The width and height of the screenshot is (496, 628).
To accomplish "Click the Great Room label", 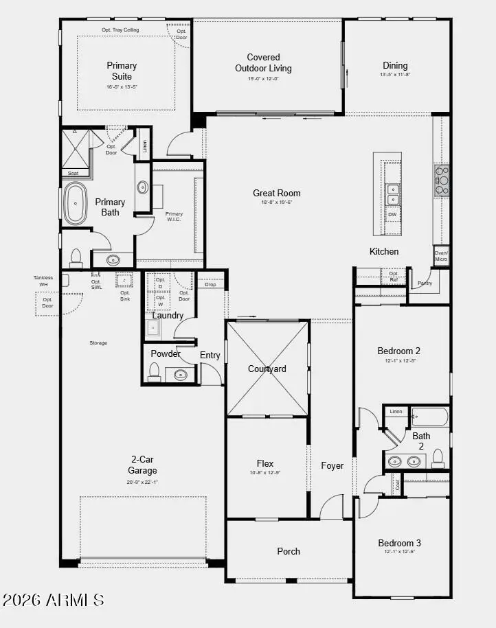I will click(x=276, y=194).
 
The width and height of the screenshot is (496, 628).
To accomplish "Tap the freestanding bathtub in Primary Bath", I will click(x=75, y=203).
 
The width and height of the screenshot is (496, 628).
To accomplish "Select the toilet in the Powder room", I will click(x=155, y=373).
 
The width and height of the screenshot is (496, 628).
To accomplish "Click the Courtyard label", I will click(x=267, y=369).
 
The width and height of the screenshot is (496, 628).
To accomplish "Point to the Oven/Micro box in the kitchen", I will click(x=441, y=256).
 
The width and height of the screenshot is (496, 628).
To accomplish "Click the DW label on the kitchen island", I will click(x=392, y=215).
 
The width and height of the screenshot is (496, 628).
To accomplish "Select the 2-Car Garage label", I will click(x=142, y=465).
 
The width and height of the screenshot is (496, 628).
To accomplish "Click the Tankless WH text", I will click(x=43, y=281).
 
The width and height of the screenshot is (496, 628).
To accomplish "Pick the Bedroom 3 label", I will click(x=400, y=543).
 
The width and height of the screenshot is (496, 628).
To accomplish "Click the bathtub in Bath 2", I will click(x=429, y=417).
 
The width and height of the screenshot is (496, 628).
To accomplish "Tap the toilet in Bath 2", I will click(x=438, y=461).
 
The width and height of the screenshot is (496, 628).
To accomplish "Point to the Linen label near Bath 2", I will click(x=396, y=412).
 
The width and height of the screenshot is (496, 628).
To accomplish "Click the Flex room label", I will click(x=265, y=463).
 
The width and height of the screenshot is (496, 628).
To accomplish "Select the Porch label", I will click(x=289, y=551).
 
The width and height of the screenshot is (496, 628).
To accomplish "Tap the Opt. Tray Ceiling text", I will click(x=121, y=30).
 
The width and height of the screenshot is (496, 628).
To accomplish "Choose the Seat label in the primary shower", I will click(x=73, y=173).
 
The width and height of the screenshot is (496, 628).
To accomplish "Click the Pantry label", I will click(x=425, y=283).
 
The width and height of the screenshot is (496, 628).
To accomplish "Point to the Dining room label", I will click(x=396, y=66).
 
